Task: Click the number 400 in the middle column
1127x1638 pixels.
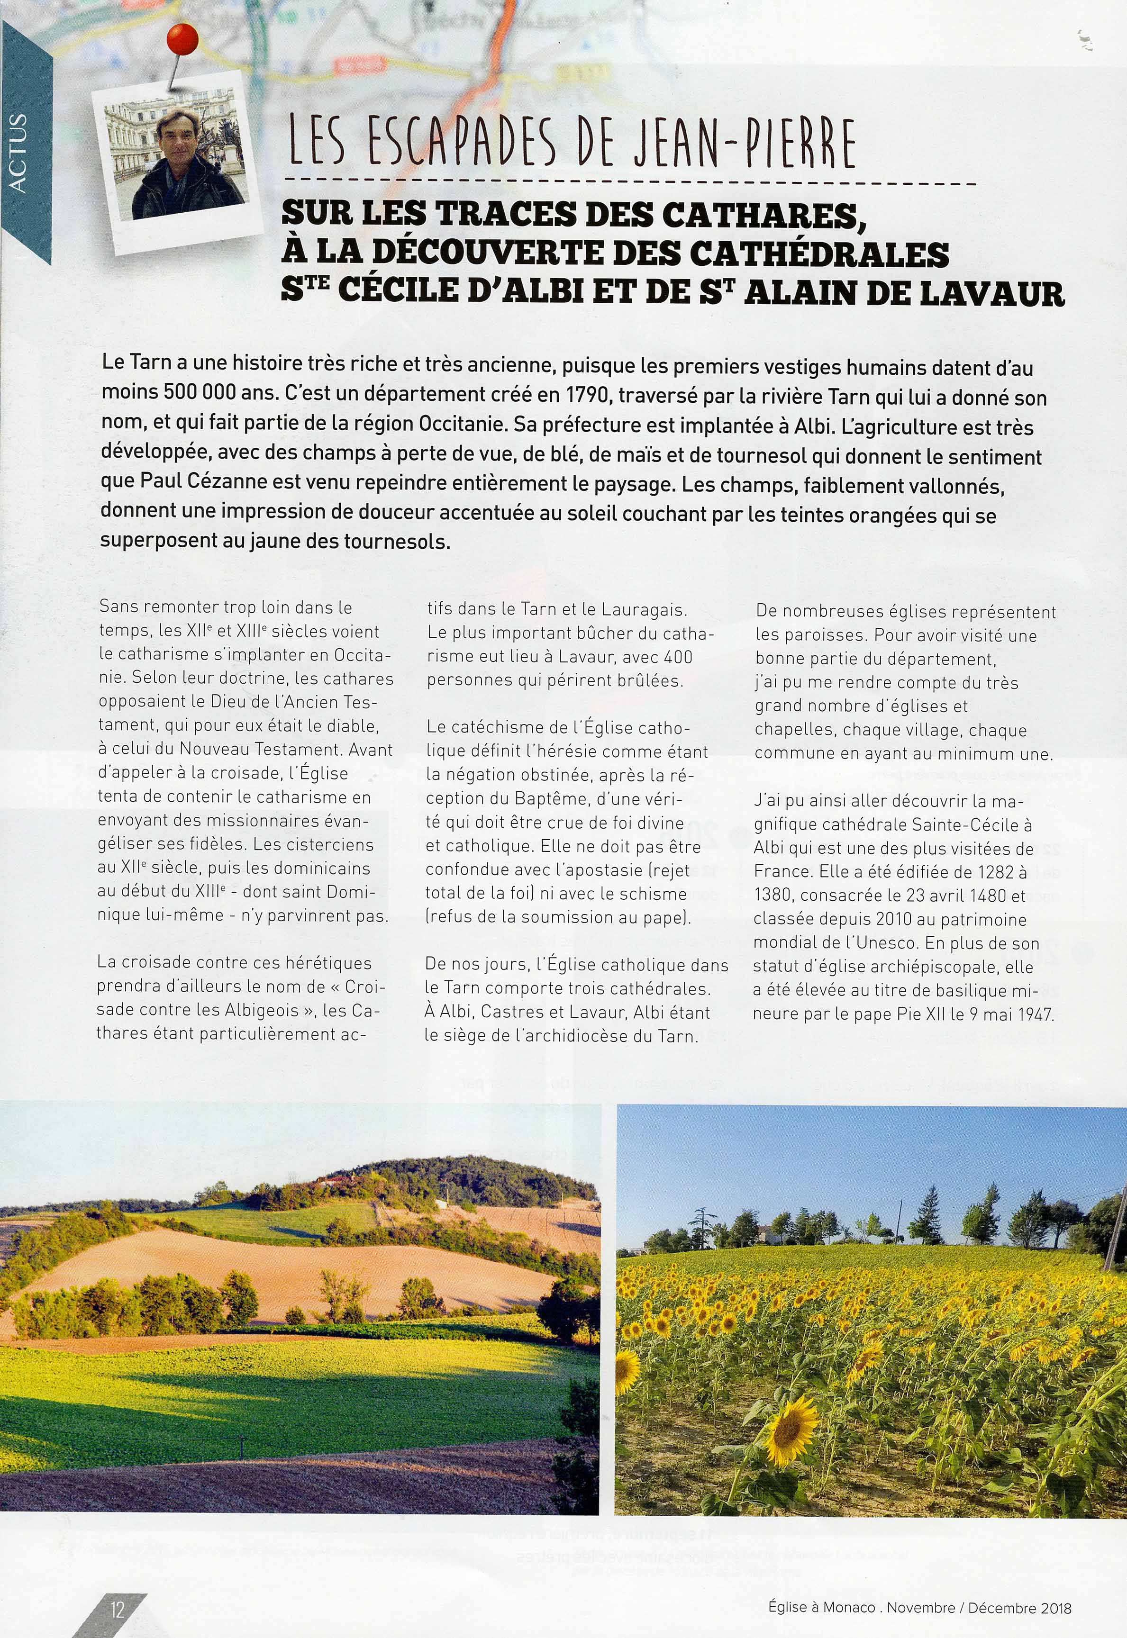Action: pos(678,657)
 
